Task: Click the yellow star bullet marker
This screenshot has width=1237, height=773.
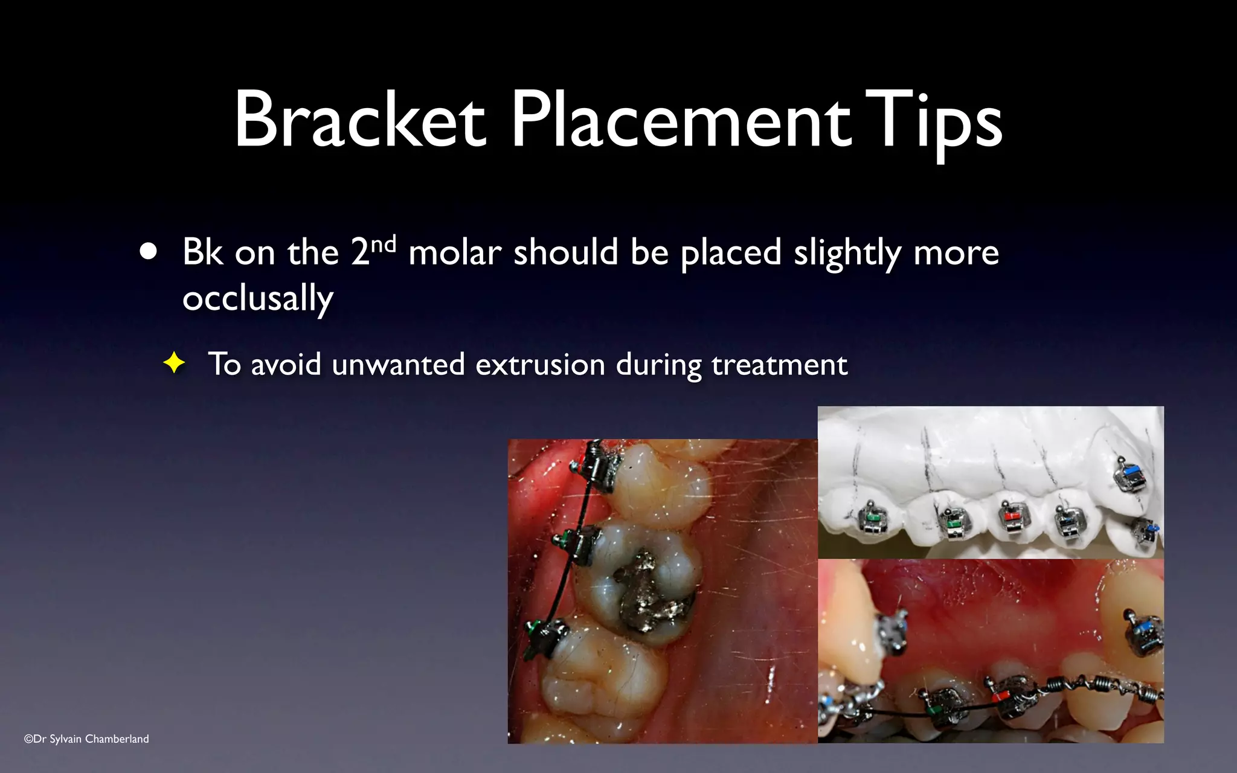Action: coord(174,364)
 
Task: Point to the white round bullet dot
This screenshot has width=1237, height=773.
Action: coord(148,251)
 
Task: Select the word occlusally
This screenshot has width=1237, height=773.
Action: coord(258,298)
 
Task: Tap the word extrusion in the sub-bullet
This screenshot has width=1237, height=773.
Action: coord(540,364)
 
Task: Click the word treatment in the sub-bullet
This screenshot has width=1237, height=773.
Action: coord(779,364)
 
